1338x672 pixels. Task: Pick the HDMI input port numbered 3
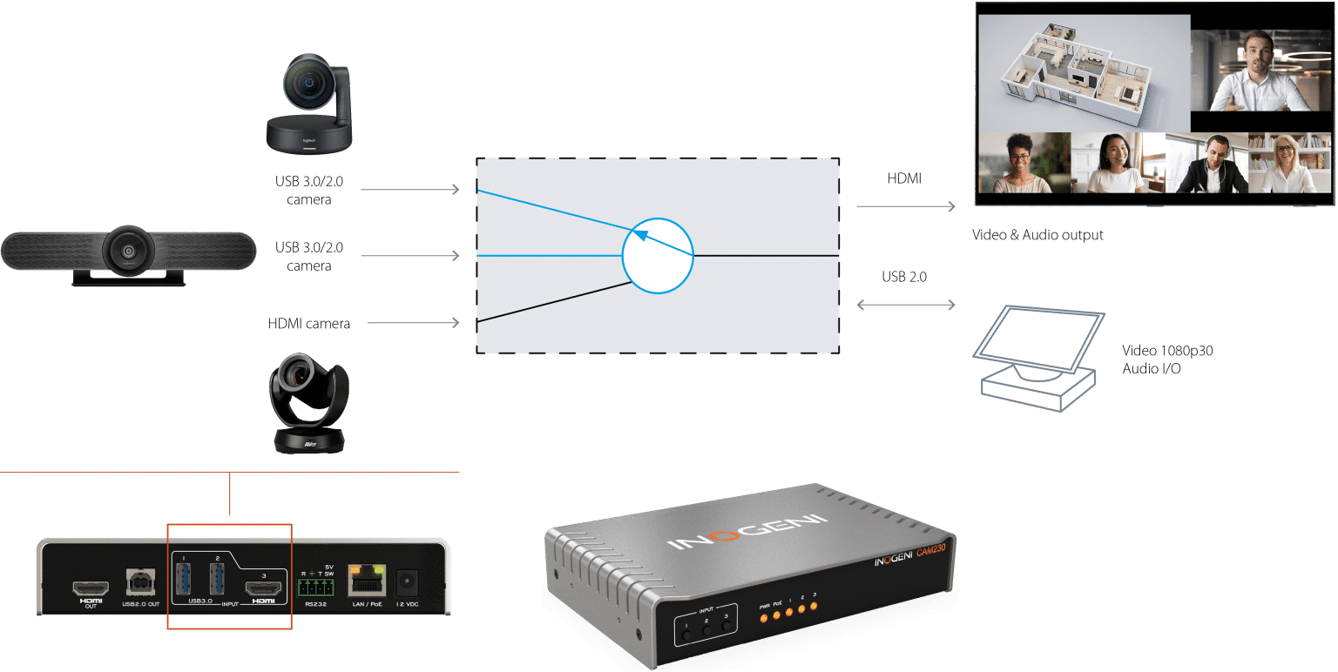coord(262,587)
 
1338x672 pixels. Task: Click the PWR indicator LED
coord(764,618)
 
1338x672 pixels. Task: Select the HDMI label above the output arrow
coord(904,178)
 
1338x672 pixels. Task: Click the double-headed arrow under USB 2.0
coord(905,306)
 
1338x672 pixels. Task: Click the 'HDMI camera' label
coord(308,324)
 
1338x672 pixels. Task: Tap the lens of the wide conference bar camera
coord(129,251)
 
